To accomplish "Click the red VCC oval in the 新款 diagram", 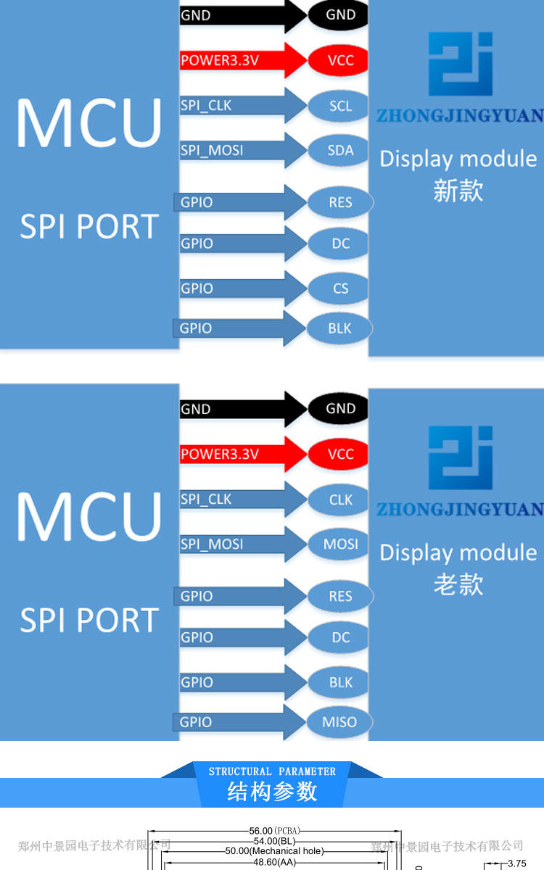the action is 340,60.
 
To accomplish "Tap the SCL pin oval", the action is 340,106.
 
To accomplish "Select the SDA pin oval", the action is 340,150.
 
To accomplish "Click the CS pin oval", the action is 340,289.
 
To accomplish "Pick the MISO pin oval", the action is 339,721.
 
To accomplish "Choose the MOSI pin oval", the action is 340,544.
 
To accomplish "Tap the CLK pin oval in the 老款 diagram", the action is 340,500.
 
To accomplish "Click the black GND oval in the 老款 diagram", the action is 340,408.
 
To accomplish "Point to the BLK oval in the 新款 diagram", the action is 339,328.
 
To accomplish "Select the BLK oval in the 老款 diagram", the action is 340,682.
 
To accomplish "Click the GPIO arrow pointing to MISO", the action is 239,722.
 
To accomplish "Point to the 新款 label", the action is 458,191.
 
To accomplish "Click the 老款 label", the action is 458,584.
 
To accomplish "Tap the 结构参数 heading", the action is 272,792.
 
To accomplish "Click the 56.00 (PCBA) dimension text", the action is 274,831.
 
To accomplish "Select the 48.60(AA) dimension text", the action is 274,863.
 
